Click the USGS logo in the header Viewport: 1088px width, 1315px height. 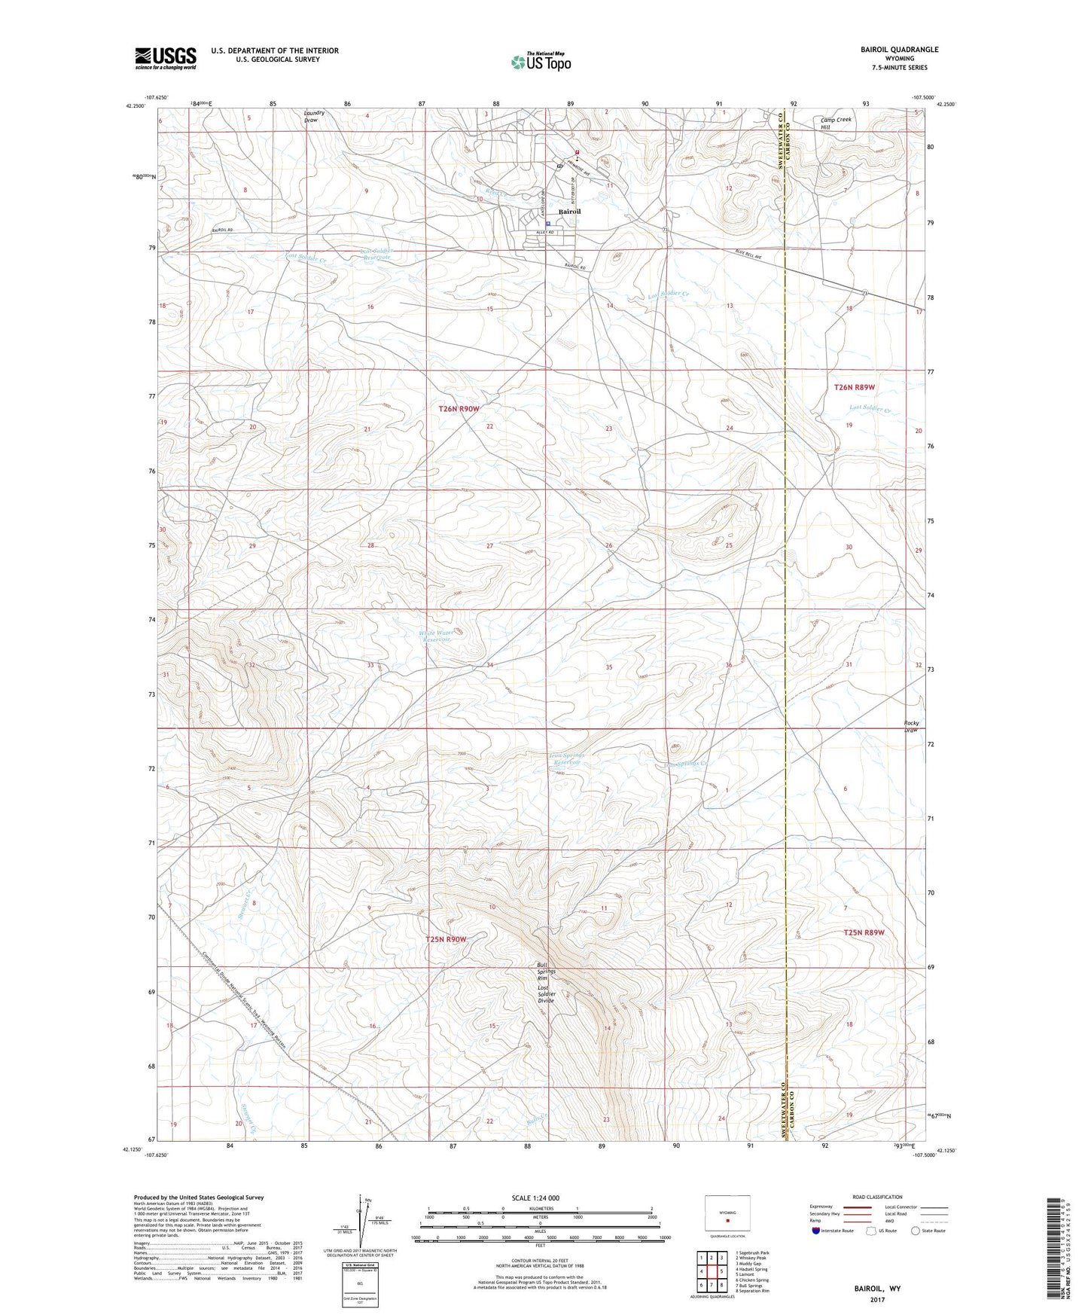click(166, 58)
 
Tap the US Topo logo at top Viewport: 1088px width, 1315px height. click(540, 63)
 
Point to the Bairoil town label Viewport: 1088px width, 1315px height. click(568, 212)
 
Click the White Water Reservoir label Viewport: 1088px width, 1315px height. click(437, 636)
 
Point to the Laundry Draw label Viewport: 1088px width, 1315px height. click(314, 117)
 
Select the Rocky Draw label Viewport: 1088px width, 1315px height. click(911, 726)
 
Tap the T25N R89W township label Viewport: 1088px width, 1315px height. click(864, 932)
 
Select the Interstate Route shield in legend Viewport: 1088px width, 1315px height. click(816, 1231)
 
